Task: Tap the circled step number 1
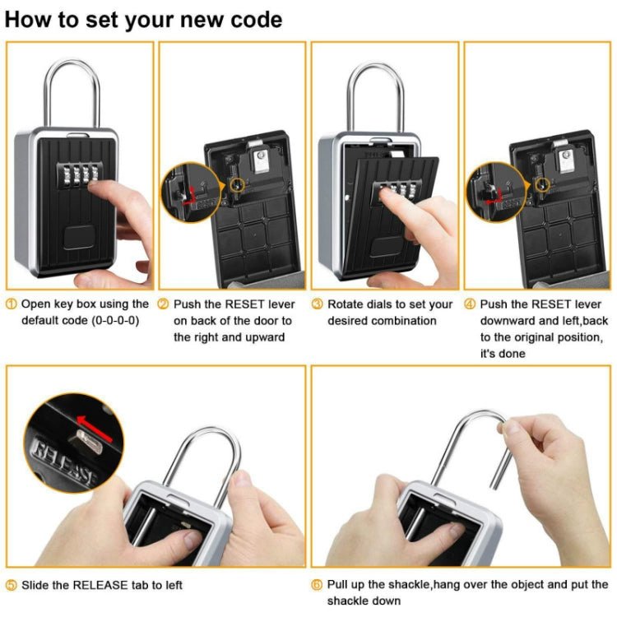tap(11, 304)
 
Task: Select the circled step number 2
tap(163, 304)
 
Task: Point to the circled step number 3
tap(317, 304)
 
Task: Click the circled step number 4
tap(470, 304)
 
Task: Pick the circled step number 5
tap(11, 585)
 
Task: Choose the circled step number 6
tap(317, 585)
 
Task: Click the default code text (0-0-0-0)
tap(109, 320)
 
